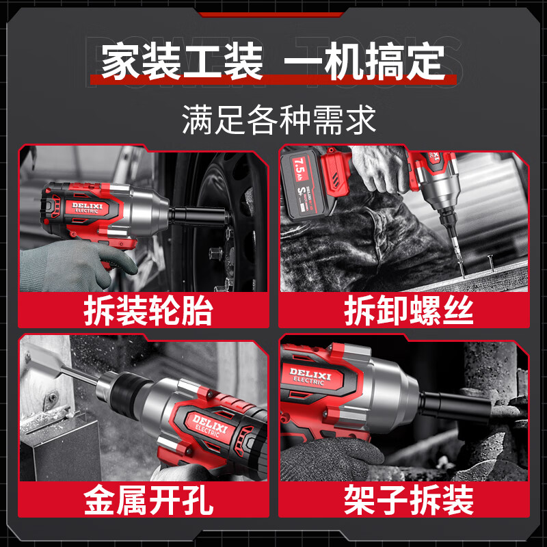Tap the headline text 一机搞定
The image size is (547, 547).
(x=364, y=61)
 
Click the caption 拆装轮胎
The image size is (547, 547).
(x=148, y=310)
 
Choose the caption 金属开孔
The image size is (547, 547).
(x=148, y=501)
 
